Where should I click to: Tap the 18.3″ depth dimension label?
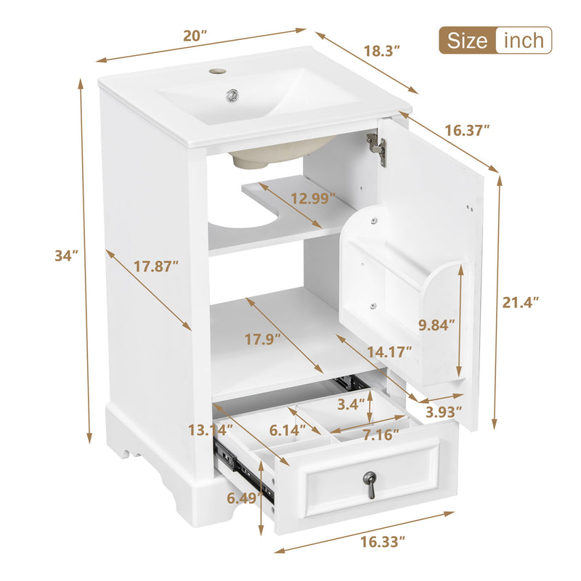(x=382, y=52)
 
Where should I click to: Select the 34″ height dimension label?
(x=66, y=256)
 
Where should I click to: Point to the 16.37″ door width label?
(x=468, y=130)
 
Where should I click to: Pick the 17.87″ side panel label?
(x=155, y=267)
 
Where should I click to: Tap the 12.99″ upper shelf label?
(x=312, y=198)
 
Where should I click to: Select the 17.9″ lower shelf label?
(x=263, y=338)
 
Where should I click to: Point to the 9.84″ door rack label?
(x=436, y=325)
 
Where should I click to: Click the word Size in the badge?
(x=467, y=40)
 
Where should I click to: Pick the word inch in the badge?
(x=523, y=40)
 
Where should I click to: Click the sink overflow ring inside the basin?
(x=232, y=94)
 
